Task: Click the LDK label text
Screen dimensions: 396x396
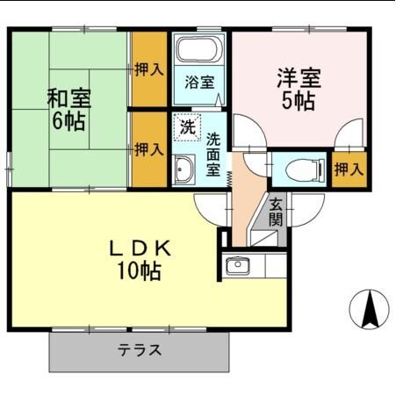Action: point(140,248)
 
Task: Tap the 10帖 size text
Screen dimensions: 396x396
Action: point(140,271)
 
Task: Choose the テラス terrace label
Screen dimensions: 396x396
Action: point(140,350)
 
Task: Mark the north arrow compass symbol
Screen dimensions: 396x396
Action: point(371,308)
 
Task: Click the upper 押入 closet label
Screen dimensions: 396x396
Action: point(148,68)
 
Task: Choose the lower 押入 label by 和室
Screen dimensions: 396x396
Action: point(148,149)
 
